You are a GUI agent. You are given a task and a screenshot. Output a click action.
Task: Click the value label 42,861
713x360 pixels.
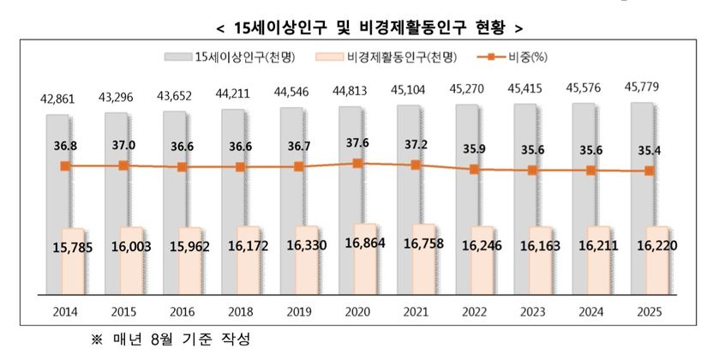pyautogui.click(x=59, y=99)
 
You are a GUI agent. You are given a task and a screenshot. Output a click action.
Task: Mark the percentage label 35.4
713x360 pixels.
pyautogui.click(x=650, y=151)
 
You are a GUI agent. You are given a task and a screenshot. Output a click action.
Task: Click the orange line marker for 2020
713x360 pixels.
pyautogui.click(x=357, y=162)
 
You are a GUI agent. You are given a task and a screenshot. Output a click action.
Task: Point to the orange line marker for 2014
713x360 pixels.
pyautogui.click(x=64, y=165)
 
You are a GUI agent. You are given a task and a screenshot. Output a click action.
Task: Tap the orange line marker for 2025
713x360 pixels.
pyautogui.click(x=650, y=171)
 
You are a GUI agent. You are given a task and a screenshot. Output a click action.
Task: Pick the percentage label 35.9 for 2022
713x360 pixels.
pyautogui.click(x=475, y=148)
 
